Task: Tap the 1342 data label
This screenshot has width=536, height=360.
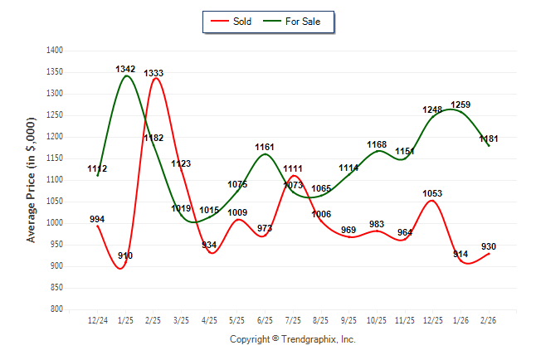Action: click(125, 69)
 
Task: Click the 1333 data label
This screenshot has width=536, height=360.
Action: click(153, 73)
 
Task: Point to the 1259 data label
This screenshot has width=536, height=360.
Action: click(460, 105)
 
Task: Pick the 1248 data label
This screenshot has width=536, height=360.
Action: click(433, 109)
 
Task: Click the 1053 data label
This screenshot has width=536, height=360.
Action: click(432, 193)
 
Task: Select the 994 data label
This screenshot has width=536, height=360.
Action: click(97, 219)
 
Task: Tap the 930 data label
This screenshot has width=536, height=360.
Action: click(489, 246)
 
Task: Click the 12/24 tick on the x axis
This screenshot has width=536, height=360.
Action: click(98, 319)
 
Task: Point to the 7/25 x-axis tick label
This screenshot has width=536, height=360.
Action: click(293, 319)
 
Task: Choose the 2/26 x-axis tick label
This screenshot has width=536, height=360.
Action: click(489, 319)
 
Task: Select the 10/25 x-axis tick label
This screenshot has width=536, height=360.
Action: click(377, 319)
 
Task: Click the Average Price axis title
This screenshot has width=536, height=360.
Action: click(32, 180)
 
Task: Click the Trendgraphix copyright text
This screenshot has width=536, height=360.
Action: click(292, 339)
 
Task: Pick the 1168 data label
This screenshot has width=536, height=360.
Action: click(377, 145)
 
